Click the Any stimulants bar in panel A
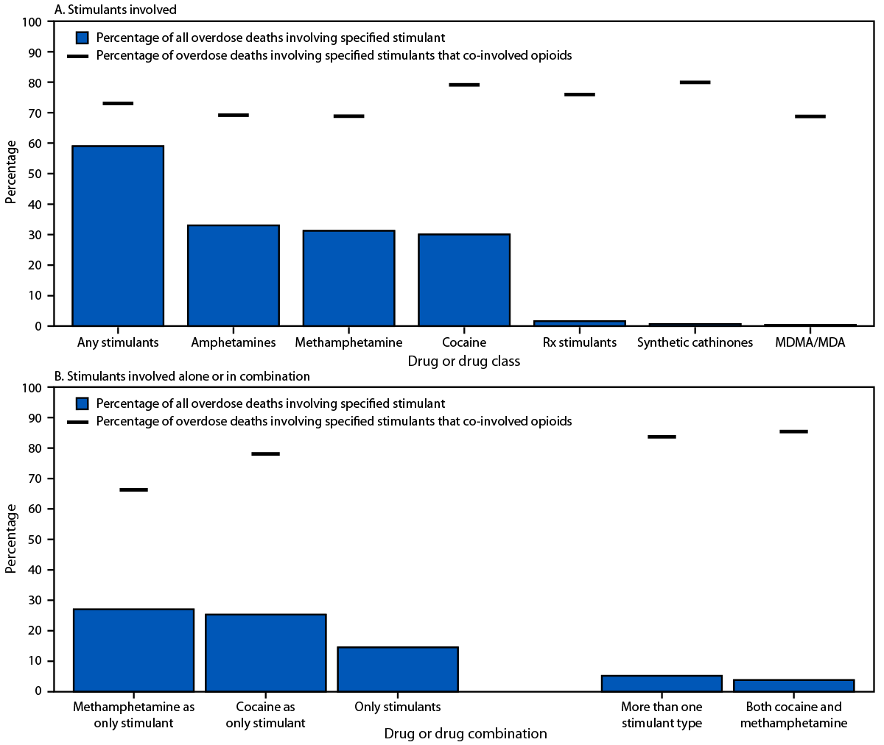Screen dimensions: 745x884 [118, 236]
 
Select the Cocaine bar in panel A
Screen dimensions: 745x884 [464, 280]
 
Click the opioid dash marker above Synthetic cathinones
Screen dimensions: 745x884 [695, 82]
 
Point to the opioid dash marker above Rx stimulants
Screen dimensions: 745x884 [579, 94]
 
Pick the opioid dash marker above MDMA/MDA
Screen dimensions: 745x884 [810, 116]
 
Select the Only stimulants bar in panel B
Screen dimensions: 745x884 [398, 669]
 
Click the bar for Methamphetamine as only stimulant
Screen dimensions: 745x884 [133, 650]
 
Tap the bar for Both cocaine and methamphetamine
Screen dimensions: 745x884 [793, 685]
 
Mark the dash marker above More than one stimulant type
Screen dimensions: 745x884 [662, 437]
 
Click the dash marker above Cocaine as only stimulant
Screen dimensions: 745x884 [265, 453]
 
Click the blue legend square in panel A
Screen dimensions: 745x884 [83, 38]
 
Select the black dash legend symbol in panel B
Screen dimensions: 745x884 [78, 422]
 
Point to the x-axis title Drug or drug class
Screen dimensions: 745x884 [464, 361]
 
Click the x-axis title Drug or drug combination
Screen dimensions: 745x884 [466, 733]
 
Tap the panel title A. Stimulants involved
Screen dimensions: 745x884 [116, 10]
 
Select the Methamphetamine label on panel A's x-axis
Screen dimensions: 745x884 [348, 342]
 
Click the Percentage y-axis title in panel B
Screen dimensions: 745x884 [11, 539]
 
